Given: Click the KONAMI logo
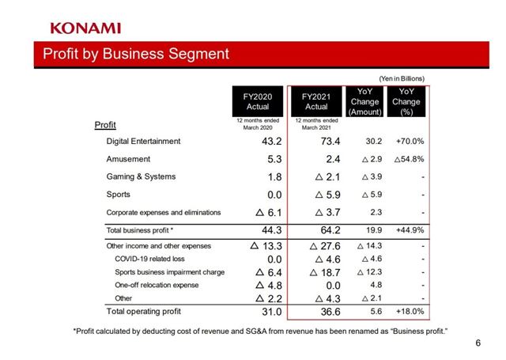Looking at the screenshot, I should click(85, 28).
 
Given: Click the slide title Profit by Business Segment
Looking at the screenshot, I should click(135, 55).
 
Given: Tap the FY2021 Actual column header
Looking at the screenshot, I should click(316, 101).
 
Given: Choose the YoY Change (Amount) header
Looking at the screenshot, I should click(364, 101).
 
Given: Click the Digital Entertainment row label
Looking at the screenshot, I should click(143, 142).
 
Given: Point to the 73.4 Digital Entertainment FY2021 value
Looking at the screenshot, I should click(326, 142).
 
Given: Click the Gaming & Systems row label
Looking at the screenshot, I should click(141, 176).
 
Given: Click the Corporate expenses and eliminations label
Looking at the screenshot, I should click(164, 212).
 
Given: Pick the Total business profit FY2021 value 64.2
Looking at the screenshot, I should click(326, 230).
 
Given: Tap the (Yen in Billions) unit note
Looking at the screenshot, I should click(401, 78).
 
